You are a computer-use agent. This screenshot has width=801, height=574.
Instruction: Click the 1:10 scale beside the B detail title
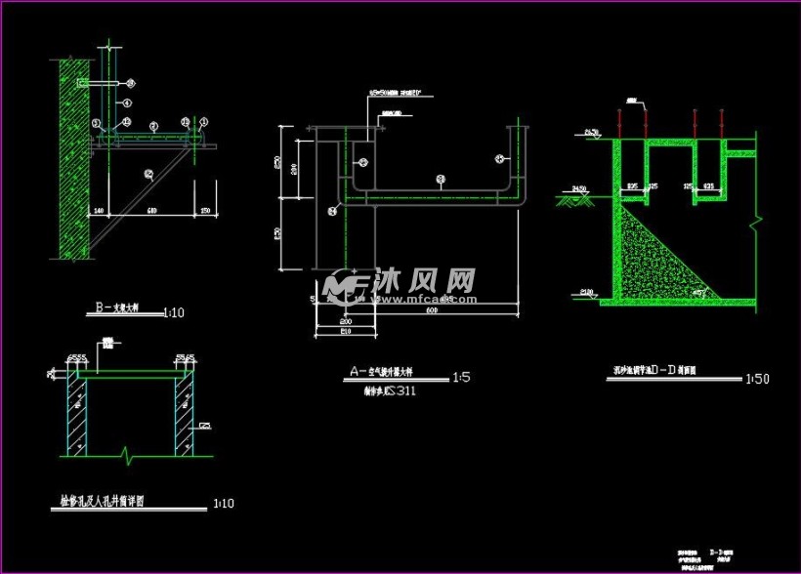coord(173,313)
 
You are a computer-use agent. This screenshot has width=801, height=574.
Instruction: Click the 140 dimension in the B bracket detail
coord(98,210)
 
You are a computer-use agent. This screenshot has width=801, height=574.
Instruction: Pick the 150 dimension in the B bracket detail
coord(203,210)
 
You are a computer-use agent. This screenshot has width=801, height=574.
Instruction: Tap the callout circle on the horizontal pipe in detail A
coord(441,179)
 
